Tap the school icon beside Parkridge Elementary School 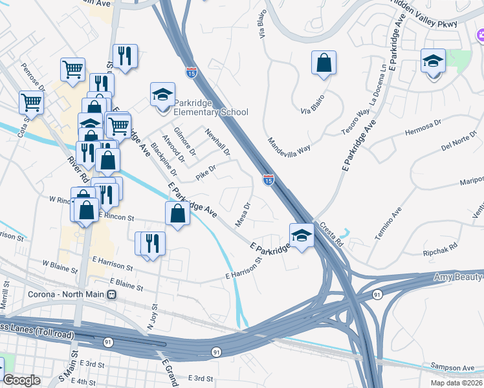[162, 95]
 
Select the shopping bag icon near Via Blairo [324, 63]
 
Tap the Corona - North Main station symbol [111, 295]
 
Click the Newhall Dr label [217, 142]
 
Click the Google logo [22, 380]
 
